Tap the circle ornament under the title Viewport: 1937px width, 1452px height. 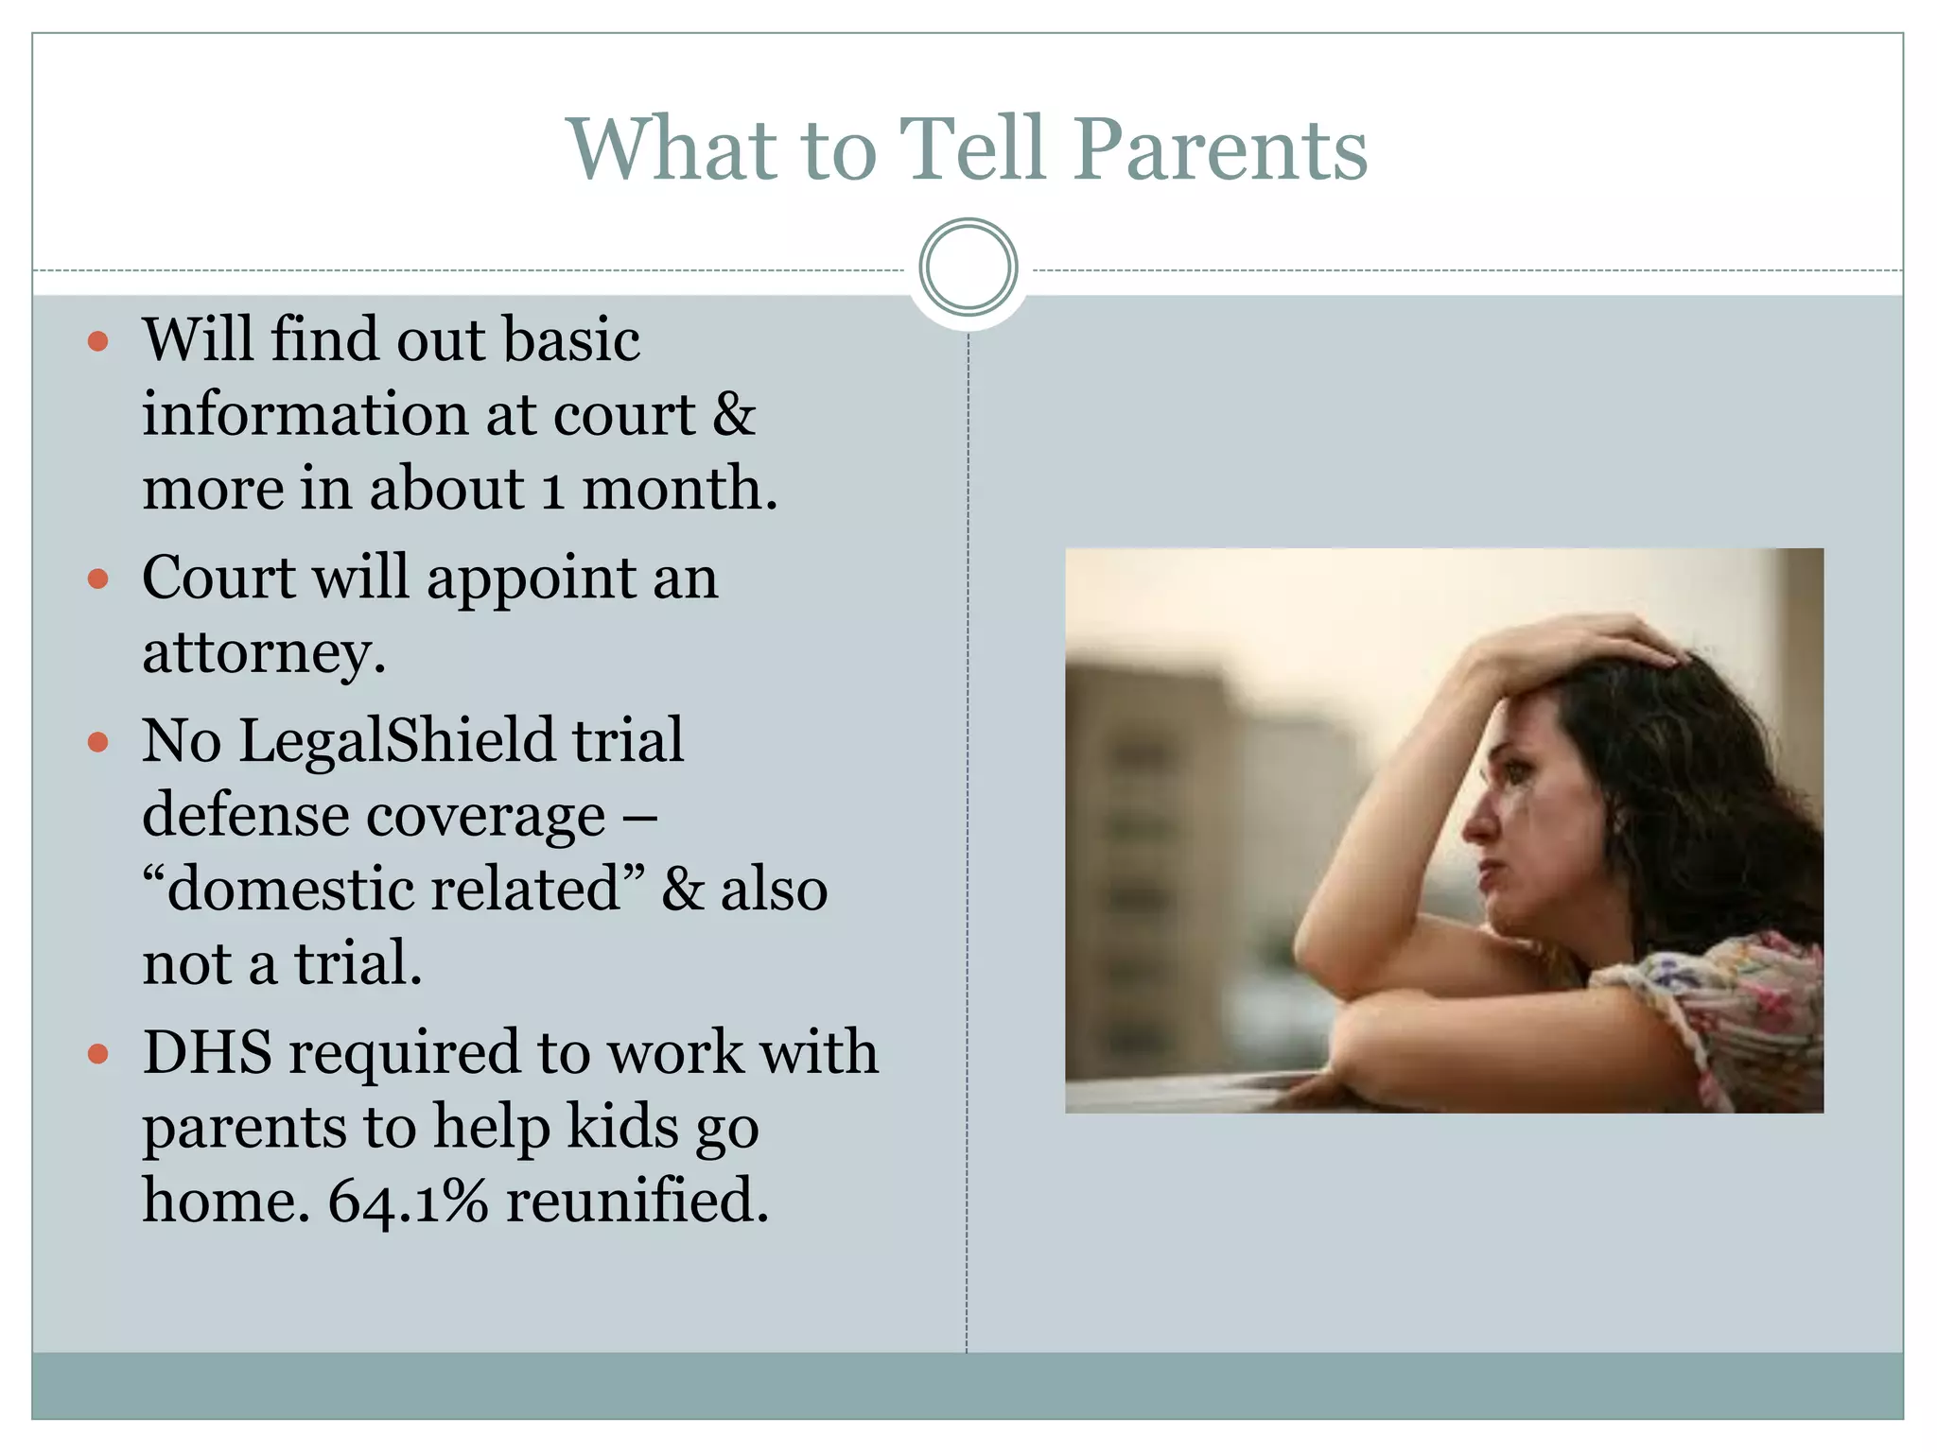[968, 267]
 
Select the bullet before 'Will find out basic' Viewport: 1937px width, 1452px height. [98, 341]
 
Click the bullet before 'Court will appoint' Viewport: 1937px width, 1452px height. [98, 579]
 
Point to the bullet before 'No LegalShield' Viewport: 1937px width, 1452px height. [98, 742]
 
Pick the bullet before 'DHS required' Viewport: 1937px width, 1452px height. [98, 1053]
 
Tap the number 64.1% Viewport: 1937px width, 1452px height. [408, 1201]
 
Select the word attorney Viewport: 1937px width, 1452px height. [263, 653]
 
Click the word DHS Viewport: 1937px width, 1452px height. [207, 1052]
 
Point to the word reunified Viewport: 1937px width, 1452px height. [637, 1201]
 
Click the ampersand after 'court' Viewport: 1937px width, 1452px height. [735, 415]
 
